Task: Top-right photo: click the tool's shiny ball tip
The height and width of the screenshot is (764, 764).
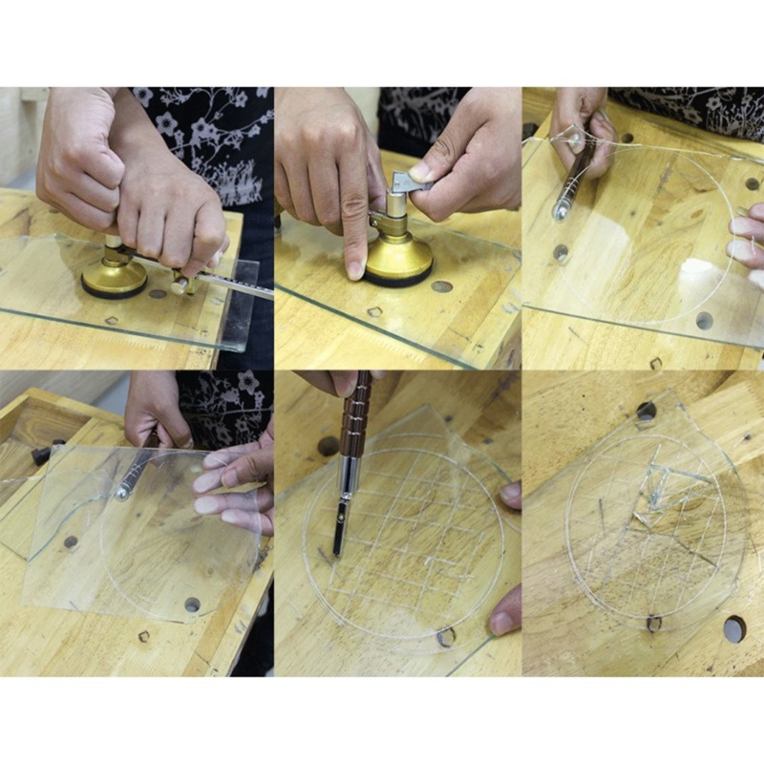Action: pos(561,211)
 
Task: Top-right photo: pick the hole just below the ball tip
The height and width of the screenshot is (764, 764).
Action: pos(561,253)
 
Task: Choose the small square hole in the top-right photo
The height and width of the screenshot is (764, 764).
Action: pos(655,363)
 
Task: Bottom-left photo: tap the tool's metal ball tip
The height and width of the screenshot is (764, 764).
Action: pos(123,492)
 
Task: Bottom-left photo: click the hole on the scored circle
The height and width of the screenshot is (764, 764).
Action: pos(192,605)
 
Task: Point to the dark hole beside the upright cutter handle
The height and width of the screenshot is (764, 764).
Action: pos(329,446)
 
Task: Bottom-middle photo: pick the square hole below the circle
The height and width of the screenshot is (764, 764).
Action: pos(446,637)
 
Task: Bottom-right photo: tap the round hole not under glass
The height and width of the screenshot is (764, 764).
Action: pos(734,628)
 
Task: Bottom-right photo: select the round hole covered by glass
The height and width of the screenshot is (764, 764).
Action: pos(647,412)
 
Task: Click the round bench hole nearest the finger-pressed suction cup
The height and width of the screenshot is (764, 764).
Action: pos(441,286)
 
